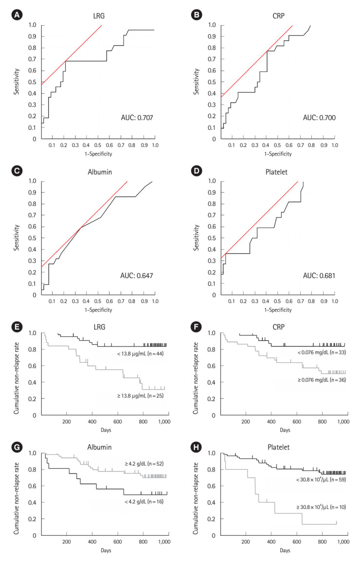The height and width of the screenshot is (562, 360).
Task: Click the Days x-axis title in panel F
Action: [x=285, y=430]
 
